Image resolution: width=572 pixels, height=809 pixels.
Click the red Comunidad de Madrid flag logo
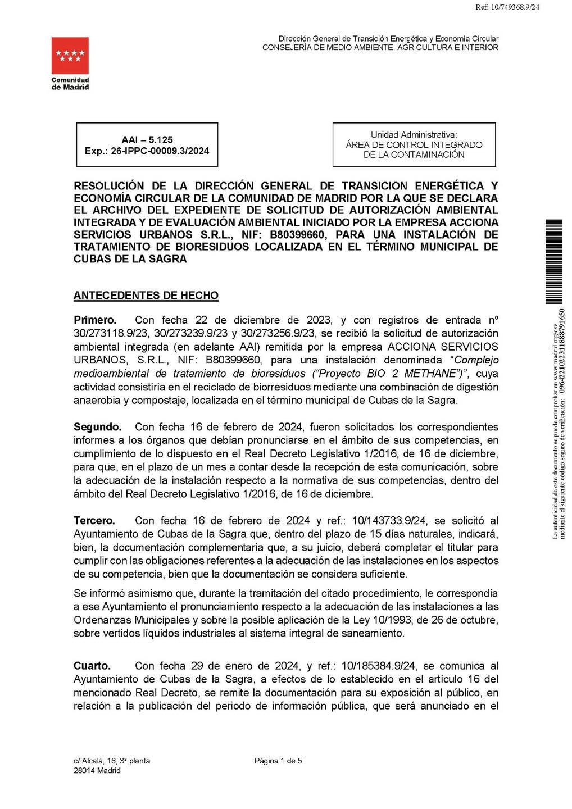tap(70, 56)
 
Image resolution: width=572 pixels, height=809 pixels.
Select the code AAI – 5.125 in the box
tap(147, 140)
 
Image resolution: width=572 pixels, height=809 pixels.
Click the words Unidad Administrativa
tap(414, 135)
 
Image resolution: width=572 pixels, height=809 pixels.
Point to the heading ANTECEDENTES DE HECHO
tap(146, 296)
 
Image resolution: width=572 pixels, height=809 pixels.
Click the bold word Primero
tap(95, 320)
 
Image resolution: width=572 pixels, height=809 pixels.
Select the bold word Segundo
tap(97, 427)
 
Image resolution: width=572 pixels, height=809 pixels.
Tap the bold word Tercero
tap(94, 521)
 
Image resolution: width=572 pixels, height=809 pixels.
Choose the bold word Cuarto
tap(92, 666)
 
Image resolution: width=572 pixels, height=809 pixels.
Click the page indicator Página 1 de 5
tap(278, 761)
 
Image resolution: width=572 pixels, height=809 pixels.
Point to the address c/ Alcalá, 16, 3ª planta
tap(112, 761)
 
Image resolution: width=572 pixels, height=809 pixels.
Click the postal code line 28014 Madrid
tap(97, 771)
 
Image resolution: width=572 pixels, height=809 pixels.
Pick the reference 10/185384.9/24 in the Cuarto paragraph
tap(378, 666)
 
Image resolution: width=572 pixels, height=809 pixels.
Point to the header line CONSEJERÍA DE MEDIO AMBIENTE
tap(380, 48)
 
